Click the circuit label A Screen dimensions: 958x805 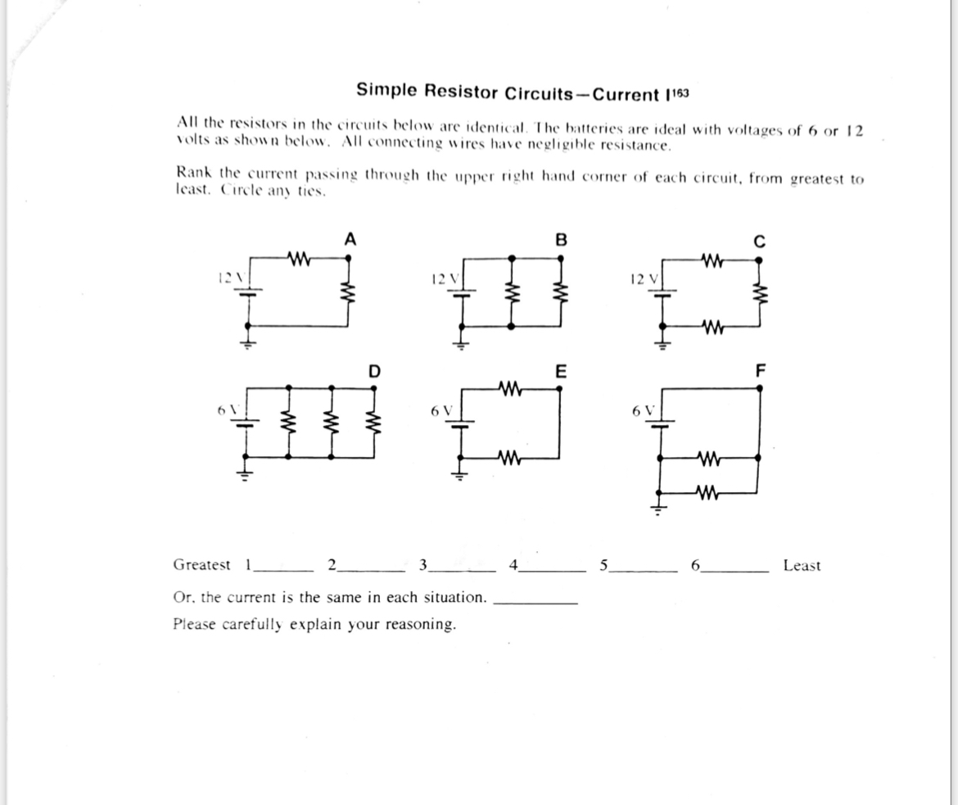pos(350,240)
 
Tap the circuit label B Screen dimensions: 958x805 pos(560,240)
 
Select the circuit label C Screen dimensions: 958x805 pos(759,241)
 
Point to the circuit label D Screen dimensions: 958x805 pos(374,371)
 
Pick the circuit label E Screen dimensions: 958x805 pos(560,371)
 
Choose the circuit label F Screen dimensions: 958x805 pos(759,371)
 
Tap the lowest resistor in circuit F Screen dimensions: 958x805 pos(706,492)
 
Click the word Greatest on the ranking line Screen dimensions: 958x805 pos(202,565)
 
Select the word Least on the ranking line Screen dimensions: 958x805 pos(802,566)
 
